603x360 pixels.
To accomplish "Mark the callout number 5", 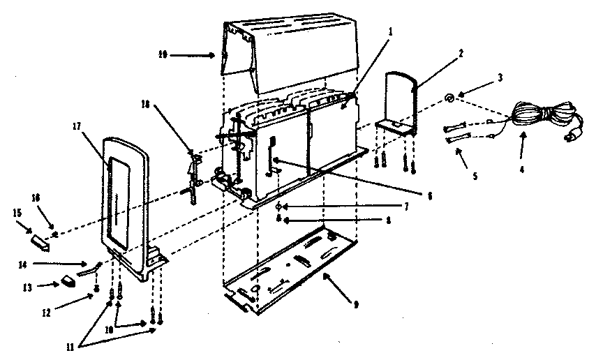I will click(x=476, y=176).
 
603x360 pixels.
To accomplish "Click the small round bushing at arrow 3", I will click(x=450, y=98).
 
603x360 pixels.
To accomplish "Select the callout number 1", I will click(x=392, y=31).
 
